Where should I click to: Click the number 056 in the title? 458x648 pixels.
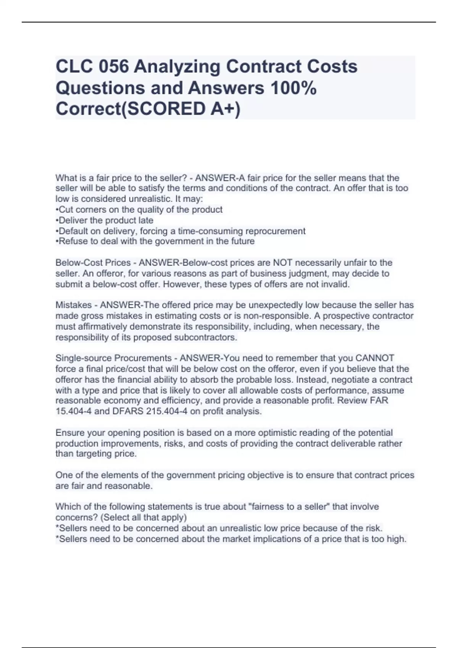click(113, 67)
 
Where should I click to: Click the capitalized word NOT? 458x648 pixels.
click(283, 263)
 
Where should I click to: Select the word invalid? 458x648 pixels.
click(335, 284)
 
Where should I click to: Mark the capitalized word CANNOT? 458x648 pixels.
click(374, 358)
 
